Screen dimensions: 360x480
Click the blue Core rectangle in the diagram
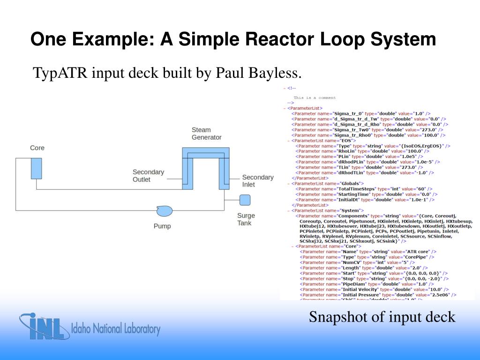(37, 168)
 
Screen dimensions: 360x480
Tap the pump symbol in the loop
(164, 211)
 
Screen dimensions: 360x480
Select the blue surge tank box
(245, 200)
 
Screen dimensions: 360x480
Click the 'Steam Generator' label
(206, 134)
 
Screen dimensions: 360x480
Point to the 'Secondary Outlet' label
(148, 176)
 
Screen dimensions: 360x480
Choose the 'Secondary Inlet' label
(257, 180)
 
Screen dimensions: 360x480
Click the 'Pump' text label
(162, 226)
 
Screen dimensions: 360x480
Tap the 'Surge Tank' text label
(246, 219)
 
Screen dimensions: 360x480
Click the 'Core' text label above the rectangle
(37, 148)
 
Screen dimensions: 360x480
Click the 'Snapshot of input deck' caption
(382, 317)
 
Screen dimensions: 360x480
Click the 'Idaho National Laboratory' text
(115, 329)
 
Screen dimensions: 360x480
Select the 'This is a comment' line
(315, 98)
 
